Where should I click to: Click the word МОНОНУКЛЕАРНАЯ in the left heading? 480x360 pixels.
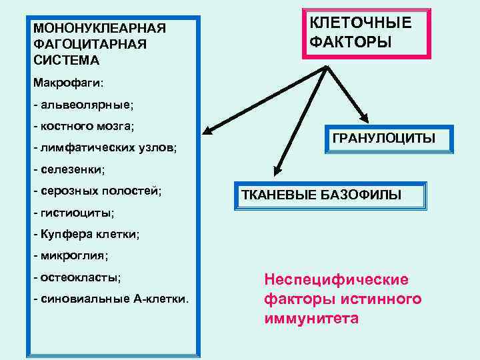click(99, 29)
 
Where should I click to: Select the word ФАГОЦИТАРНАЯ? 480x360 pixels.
click(89, 44)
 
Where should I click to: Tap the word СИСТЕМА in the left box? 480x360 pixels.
click(65, 60)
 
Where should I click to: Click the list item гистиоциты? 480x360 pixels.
click(73, 213)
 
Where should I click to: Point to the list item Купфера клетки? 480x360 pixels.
click(86, 234)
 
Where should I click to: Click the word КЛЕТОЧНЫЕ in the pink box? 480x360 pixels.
click(361, 23)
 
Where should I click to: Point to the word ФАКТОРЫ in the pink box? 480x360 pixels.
click(351, 41)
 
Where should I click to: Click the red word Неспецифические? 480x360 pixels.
click(337, 279)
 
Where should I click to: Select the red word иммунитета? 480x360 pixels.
click(311, 318)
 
